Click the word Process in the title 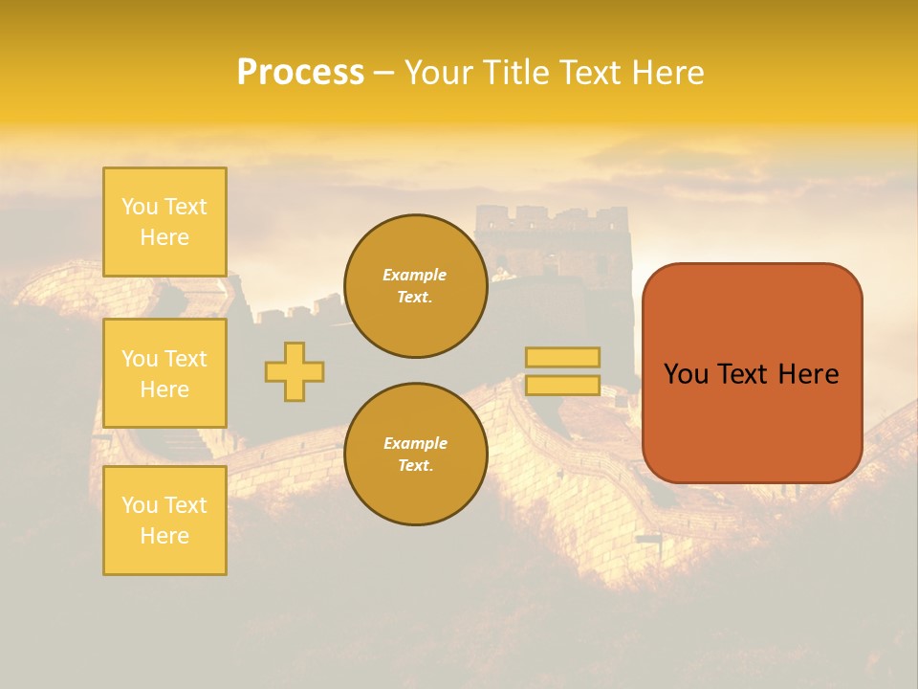pyautogui.click(x=300, y=73)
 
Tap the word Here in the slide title pyautogui.click(x=666, y=73)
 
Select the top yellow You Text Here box pyautogui.click(x=164, y=222)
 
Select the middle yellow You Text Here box pyautogui.click(x=164, y=373)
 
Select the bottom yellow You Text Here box pyautogui.click(x=164, y=521)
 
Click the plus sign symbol pyautogui.click(x=295, y=371)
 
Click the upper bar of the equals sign pyautogui.click(x=562, y=358)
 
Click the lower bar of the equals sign pyautogui.click(x=562, y=386)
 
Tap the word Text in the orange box pyautogui.click(x=745, y=374)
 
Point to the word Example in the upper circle pyautogui.click(x=415, y=275)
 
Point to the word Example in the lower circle pyautogui.click(x=415, y=443)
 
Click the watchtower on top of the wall pyautogui.click(x=553, y=239)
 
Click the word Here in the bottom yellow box pyautogui.click(x=164, y=536)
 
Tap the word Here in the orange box pyautogui.click(x=809, y=374)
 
